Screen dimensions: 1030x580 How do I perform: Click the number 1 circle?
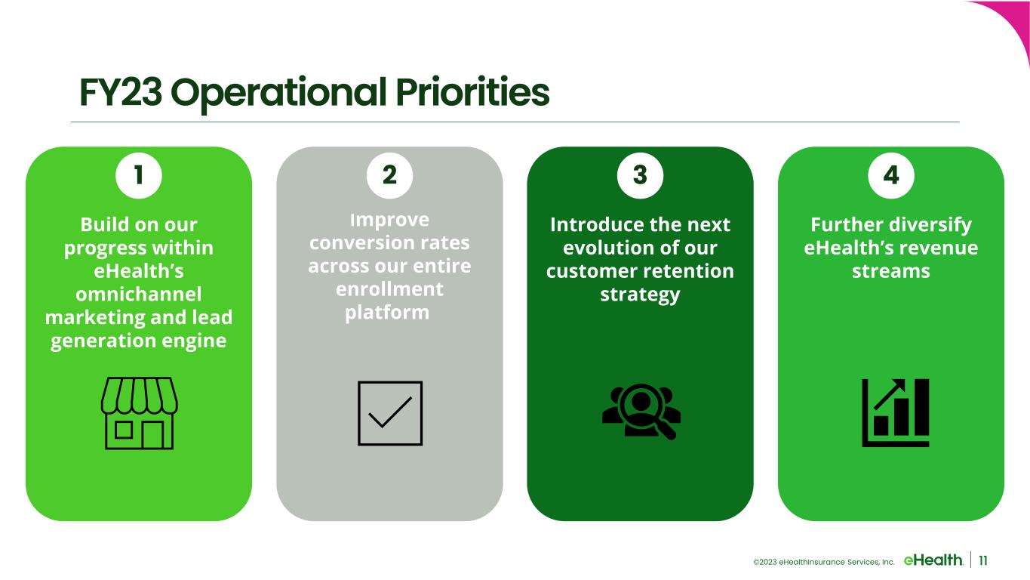coord(138,175)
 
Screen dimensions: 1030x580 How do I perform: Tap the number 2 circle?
coord(389,175)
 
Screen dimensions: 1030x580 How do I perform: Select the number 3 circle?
coord(640,175)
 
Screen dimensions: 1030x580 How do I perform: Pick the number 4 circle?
coord(891,175)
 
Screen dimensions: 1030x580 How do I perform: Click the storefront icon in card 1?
coord(140,413)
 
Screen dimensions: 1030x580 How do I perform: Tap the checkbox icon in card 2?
coord(390,413)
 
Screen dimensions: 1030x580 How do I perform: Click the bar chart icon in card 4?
coord(895,413)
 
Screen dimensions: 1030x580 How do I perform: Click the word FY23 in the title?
coord(121,92)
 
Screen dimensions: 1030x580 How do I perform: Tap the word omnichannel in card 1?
coord(138,294)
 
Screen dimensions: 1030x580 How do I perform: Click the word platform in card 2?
coord(387,313)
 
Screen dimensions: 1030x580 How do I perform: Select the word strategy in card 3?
coord(640,295)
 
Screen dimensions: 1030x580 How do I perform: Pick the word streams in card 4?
coord(891,271)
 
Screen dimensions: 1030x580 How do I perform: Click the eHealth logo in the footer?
coord(933,560)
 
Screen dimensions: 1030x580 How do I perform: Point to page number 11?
coord(983,560)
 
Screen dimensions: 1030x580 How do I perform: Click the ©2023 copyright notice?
coord(824,562)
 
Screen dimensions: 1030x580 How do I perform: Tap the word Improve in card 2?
coord(389,220)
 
